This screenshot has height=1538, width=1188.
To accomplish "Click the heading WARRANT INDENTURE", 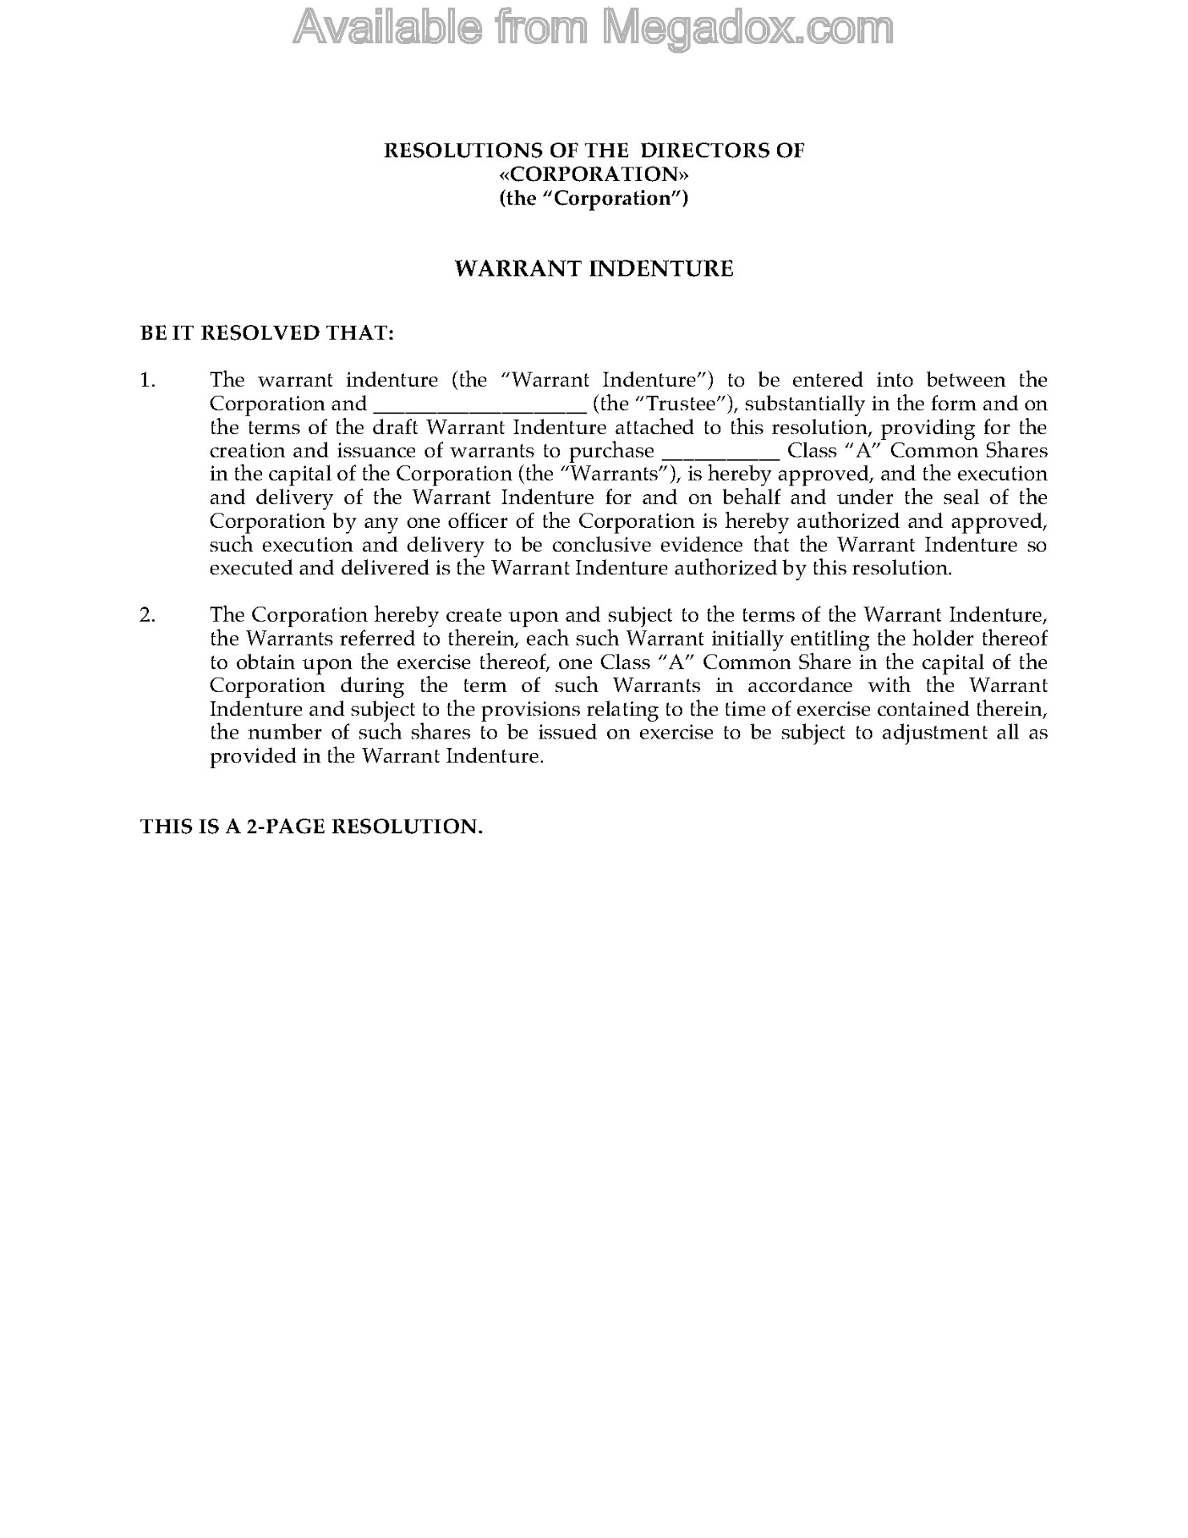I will (594, 268).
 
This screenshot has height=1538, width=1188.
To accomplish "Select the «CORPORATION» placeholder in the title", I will (594, 174).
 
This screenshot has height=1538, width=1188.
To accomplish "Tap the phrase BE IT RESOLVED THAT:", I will (267, 332).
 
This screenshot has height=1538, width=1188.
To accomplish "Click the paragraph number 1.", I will (147, 380).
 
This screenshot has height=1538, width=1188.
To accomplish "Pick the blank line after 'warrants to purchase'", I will (722, 452).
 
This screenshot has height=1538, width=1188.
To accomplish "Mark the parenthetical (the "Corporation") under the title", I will (594, 198).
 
